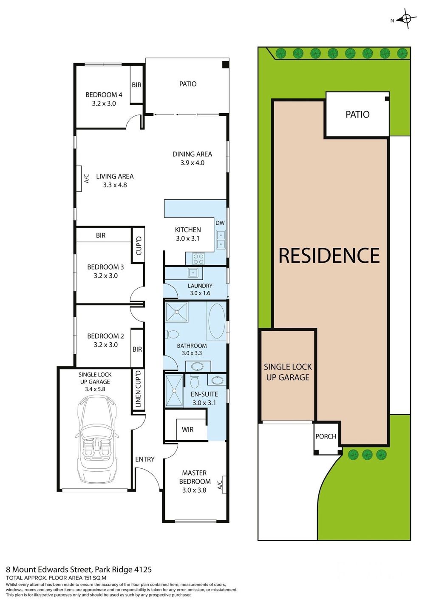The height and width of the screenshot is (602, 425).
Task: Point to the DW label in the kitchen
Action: coord(220,223)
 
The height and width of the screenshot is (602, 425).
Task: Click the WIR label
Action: coord(187,430)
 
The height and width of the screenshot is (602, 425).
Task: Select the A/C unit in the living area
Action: coord(79,178)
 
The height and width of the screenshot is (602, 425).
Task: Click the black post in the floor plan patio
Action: coord(226,65)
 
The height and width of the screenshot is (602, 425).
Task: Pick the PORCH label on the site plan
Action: coord(326,436)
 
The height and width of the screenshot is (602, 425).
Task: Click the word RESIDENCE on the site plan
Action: coord(329,255)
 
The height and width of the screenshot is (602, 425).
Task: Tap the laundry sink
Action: coord(193,273)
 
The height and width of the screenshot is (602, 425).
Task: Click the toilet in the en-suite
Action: coord(194,380)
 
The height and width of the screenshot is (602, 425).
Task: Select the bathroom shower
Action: coord(177,312)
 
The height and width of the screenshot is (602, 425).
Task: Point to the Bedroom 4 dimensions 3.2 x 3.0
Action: coord(104,103)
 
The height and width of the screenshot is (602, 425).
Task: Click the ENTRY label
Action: coord(144,459)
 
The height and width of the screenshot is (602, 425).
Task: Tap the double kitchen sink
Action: coord(221,239)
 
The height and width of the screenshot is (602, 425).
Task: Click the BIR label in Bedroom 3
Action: coord(101,235)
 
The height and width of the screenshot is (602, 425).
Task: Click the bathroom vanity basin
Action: coord(198,366)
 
